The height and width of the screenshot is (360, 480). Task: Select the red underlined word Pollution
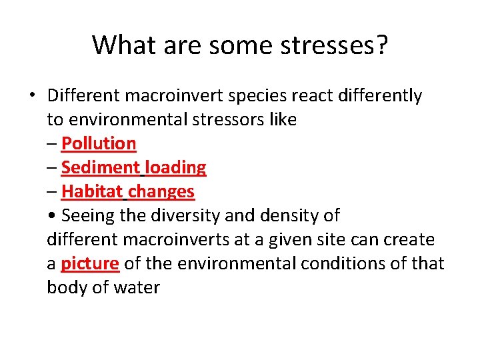click(99, 143)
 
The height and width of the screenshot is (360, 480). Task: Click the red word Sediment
click(101, 167)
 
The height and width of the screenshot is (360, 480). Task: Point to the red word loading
click(175, 167)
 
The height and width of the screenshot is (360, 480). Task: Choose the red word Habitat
click(92, 191)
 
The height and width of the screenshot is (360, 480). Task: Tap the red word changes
click(161, 191)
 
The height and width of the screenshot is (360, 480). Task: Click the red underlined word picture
click(90, 263)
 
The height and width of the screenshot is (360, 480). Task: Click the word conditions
click(343, 263)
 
